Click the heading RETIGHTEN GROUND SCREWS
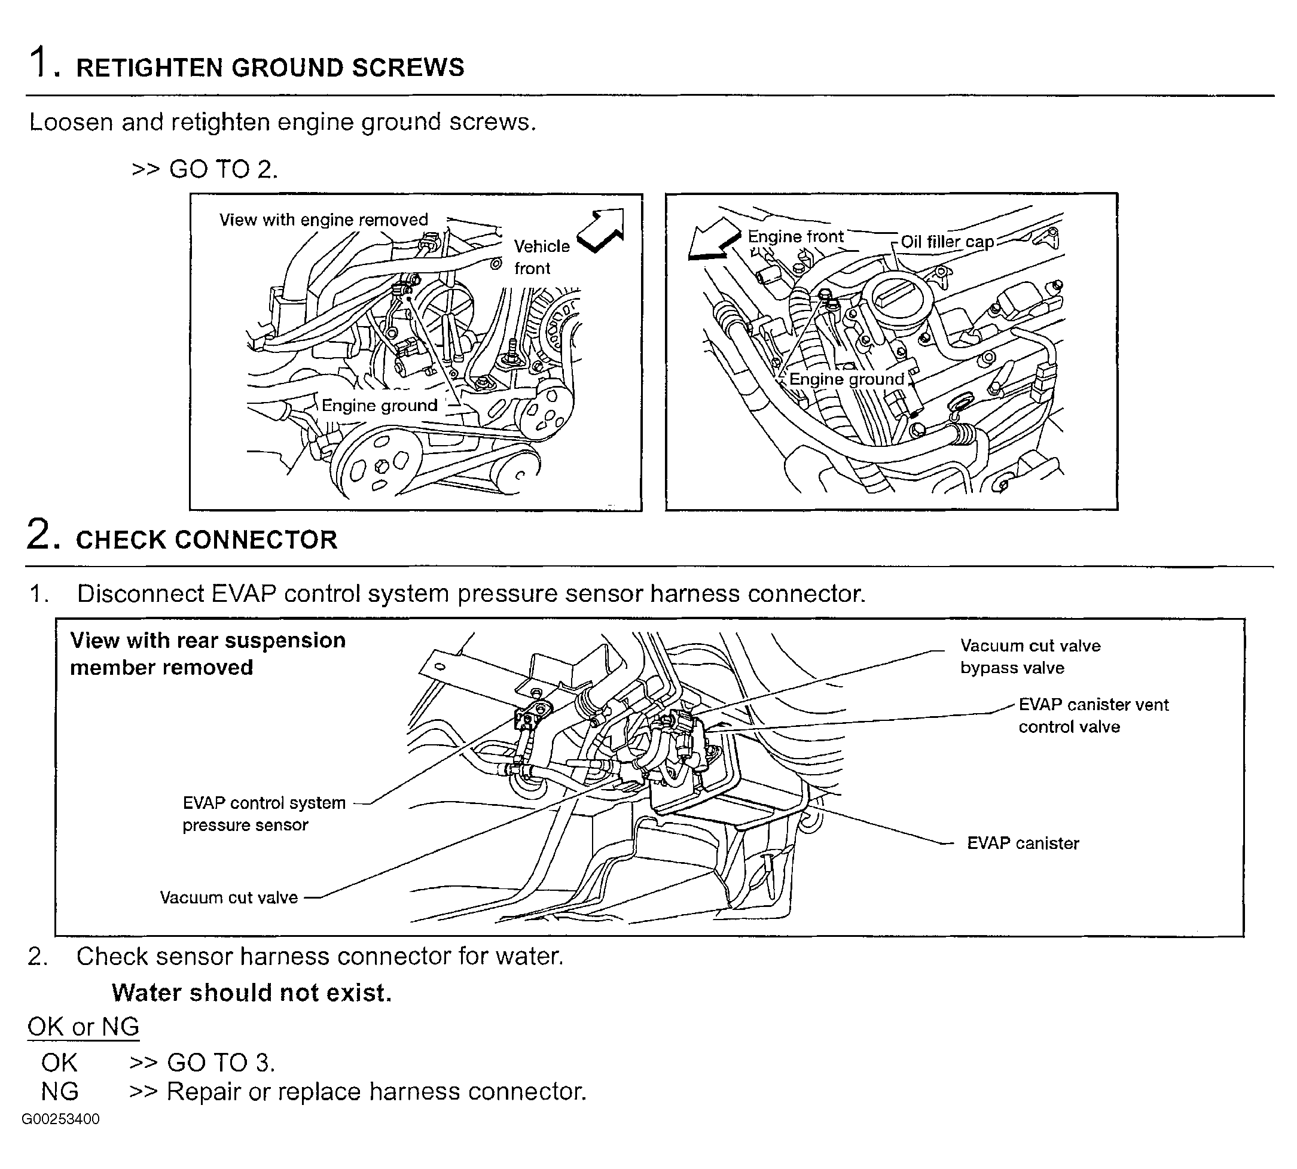click(x=270, y=68)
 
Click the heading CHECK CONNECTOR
click(x=206, y=540)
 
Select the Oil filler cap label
click(x=947, y=242)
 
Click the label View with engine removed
click(x=324, y=220)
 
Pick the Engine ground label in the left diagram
click(x=379, y=405)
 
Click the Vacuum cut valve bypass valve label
click(x=1030, y=656)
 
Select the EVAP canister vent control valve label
click(x=1093, y=716)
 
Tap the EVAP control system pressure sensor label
click(x=264, y=814)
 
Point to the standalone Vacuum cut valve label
click(x=228, y=897)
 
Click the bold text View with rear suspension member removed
click(x=207, y=654)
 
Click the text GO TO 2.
click(x=222, y=169)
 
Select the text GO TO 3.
click(x=220, y=1063)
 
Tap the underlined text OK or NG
click(x=84, y=1027)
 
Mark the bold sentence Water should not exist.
click(x=251, y=993)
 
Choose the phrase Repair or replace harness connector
click(x=376, y=1092)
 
